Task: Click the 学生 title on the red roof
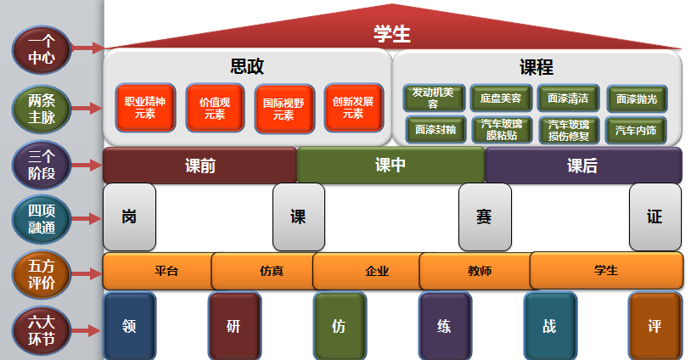point(391,34)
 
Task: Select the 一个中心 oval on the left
point(41,48)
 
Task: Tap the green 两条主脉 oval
point(41,109)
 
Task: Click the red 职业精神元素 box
point(144,107)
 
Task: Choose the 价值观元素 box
point(214,107)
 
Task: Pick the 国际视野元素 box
point(284,108)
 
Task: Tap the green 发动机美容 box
point(433,98)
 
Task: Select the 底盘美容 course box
point(500,98)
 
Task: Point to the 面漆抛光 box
point(636,98)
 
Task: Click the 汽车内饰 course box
point(636,131)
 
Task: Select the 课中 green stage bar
point(391,166)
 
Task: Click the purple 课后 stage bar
point(582,166)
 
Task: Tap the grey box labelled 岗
point(129,217)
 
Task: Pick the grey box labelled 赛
point(484,217)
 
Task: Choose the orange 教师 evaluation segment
point(479,272)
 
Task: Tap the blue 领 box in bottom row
point(129,325)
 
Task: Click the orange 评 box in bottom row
point(655,325)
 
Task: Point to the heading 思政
point(247,65)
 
